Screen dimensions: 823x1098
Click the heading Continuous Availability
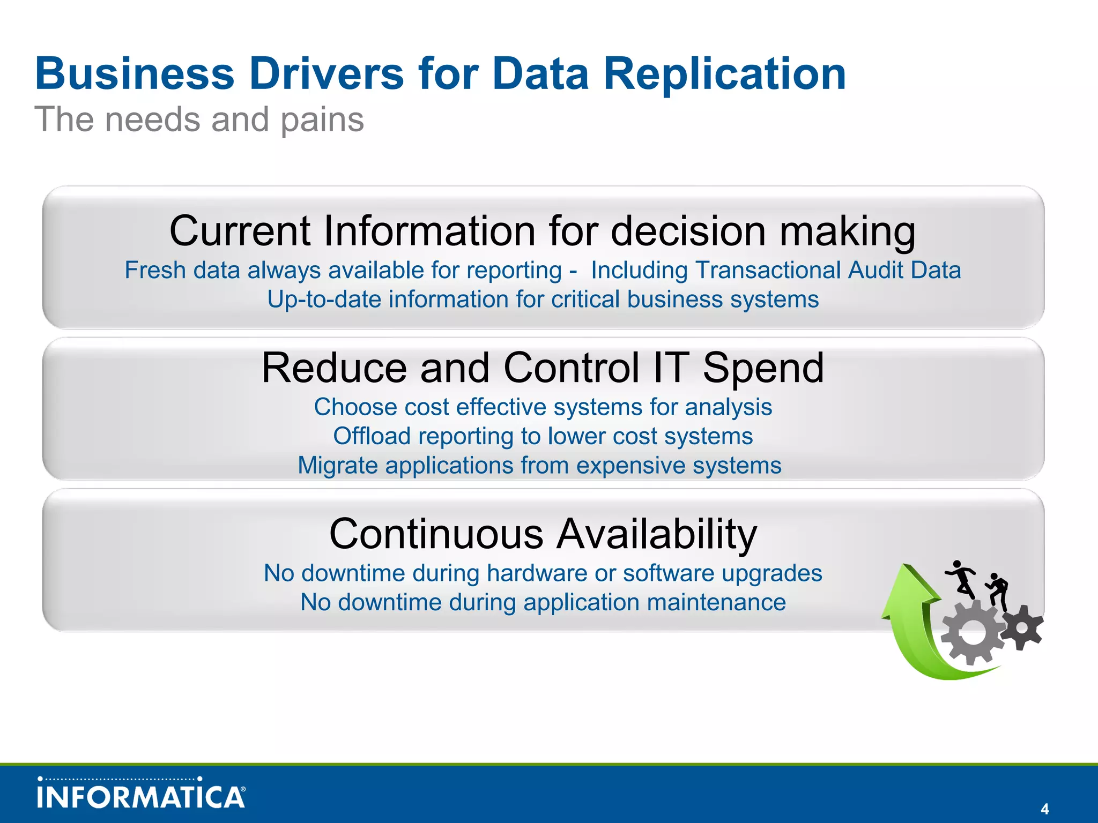543,534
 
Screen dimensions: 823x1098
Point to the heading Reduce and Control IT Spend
543,368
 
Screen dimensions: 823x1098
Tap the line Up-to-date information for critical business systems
543,300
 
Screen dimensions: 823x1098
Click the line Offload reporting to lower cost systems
543,436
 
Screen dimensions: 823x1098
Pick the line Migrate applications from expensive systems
539,465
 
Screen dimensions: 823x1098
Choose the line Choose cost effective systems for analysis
543,407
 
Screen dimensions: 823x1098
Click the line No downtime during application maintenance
543,602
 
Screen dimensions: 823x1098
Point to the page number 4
1044,809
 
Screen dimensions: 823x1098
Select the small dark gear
1022,627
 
